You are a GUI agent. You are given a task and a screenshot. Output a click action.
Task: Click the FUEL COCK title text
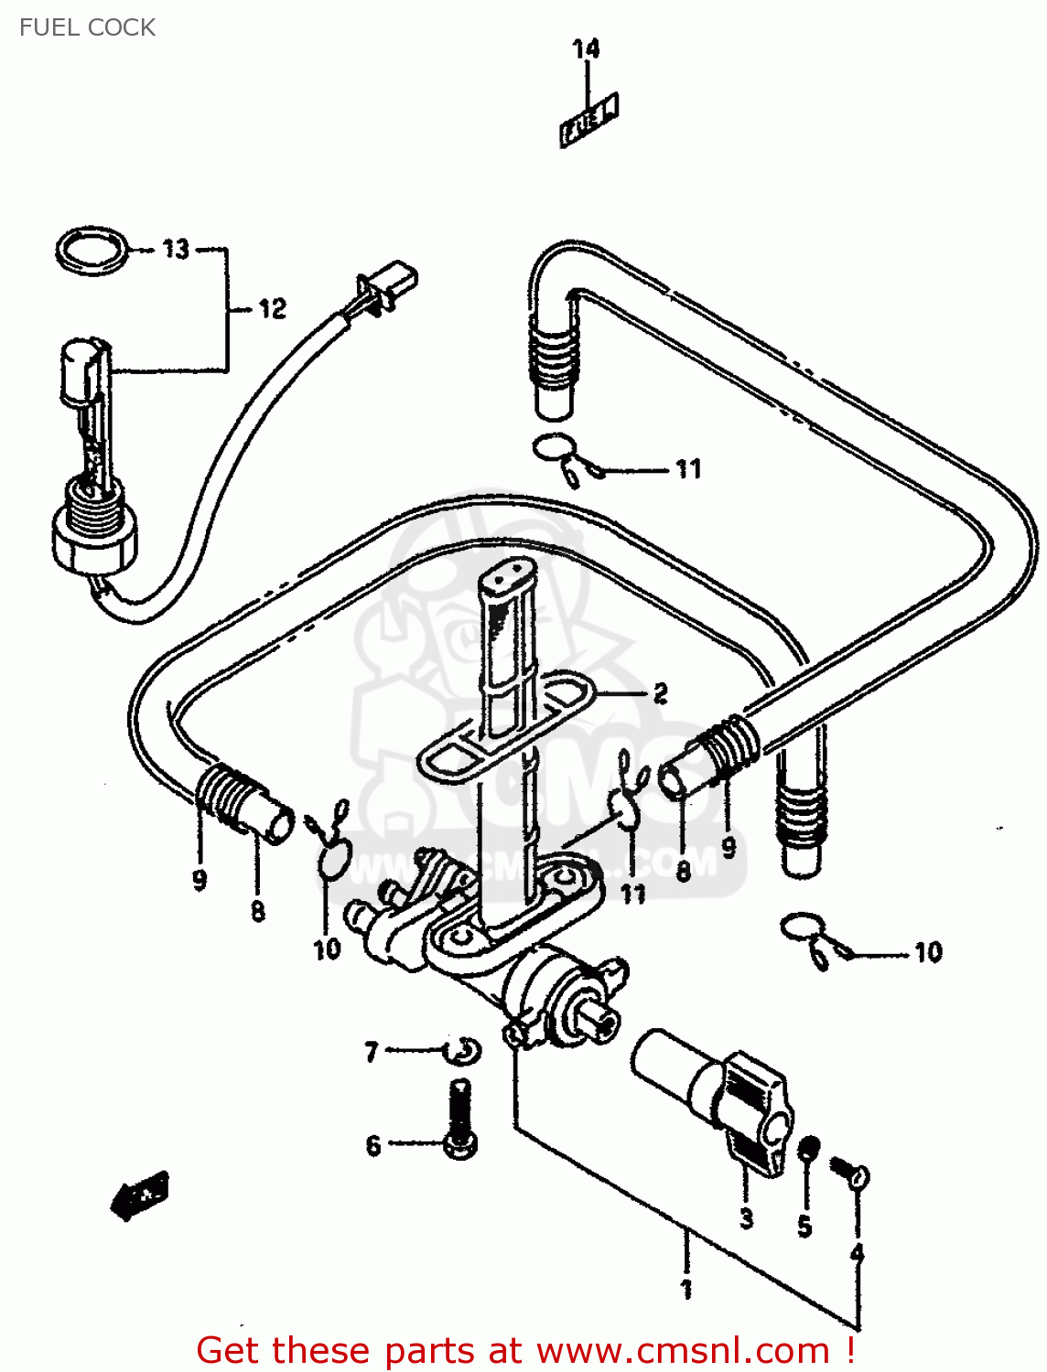pyautogui.click(x=87, y=27)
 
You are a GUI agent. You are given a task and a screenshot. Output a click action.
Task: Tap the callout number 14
pyautogui.click(x=586, y=48)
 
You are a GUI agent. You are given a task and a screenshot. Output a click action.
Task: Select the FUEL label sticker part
pyautogui.click(x=589, y=119)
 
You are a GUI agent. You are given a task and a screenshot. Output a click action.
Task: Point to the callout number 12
pyautogui.click(x=272, y=309)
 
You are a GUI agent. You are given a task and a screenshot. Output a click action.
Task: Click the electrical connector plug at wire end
pyautogui.click(x=392, y=284)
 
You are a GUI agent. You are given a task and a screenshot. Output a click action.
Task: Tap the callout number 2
pyautogui.click(x=660, y=693)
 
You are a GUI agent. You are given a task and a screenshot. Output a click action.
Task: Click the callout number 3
pyautogui.click(x=747, y=1218)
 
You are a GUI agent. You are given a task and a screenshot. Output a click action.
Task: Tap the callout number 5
pyautogui.click(x=804, y=1226)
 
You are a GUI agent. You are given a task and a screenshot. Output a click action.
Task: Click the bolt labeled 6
pyautogui.click(x=459, y=1120)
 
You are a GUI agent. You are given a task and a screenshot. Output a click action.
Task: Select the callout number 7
pyautogui.click(x=371, y=1053)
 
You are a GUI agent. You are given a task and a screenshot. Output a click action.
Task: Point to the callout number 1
pyautogui.click(x=686, y=1290)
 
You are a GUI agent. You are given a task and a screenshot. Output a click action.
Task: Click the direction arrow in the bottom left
pyautogui.click(x=139, y=1194)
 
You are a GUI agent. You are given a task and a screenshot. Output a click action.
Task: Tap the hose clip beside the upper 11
pyautogui.click(x=560, y=456)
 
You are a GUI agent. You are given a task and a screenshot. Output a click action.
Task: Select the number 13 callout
pyautogui.click(x=176, y=249)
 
